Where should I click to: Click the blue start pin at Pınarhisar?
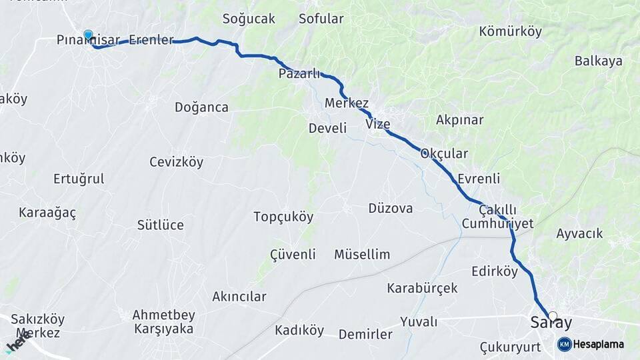pos(88,35)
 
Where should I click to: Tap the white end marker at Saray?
pos(552,315)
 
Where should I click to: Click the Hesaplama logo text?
pos(599,344)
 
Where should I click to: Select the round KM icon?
pos(565,344)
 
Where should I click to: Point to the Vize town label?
pos(378,124)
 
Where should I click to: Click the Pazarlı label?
pos(299,73)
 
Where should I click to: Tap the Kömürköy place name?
pos(510,32)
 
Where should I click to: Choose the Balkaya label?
pos(599,61)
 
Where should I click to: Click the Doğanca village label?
pos(201,107)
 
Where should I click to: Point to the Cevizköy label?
pos(176,162)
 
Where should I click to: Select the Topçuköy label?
pos(283,217)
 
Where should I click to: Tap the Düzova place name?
pos(391,208)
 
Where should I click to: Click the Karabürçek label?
pos(422,288)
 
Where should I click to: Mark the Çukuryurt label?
pos(510,347)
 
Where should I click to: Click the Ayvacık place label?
pos(579,233)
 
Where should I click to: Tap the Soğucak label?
pos(249,19)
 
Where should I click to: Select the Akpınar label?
pos(459,120)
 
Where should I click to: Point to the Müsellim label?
pos(362,254)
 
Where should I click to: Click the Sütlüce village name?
pos(160,225)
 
